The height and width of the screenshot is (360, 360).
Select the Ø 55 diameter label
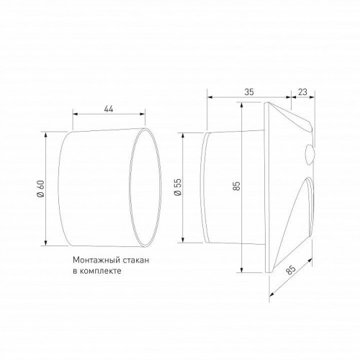pos(177,189)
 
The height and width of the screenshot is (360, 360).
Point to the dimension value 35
pos(249,92)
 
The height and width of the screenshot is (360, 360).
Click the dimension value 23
pos(302,92)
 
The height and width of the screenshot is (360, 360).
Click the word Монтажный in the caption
pos(95,261)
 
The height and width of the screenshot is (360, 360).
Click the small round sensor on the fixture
pos(311,154)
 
